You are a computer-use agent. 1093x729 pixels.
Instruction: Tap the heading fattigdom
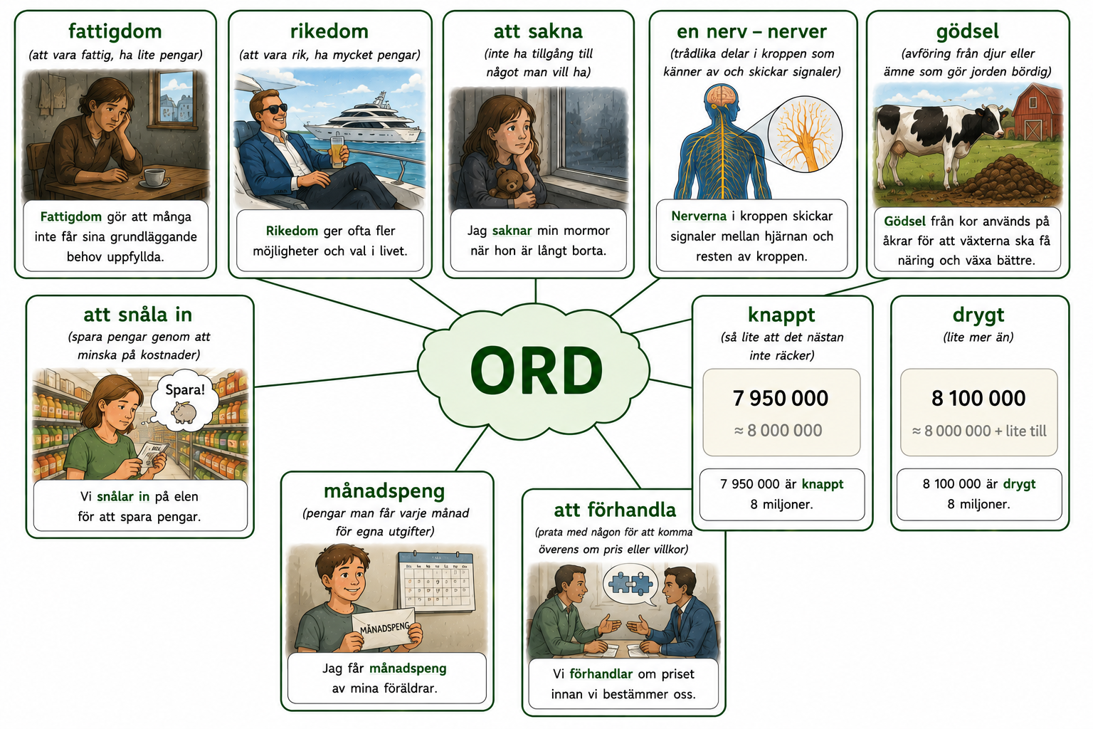pos(115,32)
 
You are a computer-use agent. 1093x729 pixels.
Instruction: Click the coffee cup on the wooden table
pos(154,177)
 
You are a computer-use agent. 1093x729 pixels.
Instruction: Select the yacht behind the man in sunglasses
pos(364,122)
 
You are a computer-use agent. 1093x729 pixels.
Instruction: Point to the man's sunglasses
pos(275,108)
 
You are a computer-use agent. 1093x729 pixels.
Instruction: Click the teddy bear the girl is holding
pos(510,184)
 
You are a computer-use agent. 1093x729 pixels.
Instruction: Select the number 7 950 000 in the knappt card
pos(780,399)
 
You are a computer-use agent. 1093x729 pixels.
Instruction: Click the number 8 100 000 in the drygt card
pos(978,399)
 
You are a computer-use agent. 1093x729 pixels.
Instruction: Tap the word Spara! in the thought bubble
pos(185,389)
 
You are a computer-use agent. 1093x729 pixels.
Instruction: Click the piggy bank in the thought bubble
pos(184,413)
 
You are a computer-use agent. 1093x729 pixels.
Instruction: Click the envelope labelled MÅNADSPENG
pos(384,629)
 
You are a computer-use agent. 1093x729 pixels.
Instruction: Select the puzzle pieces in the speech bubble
pos(631,583)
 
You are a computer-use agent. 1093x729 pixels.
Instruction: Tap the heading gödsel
pos(967,32)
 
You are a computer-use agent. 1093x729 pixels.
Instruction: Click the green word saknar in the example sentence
pos(512,231)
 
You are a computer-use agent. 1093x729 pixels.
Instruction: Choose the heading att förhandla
pos(615,510)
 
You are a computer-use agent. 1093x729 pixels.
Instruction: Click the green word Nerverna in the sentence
pos(699,216)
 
